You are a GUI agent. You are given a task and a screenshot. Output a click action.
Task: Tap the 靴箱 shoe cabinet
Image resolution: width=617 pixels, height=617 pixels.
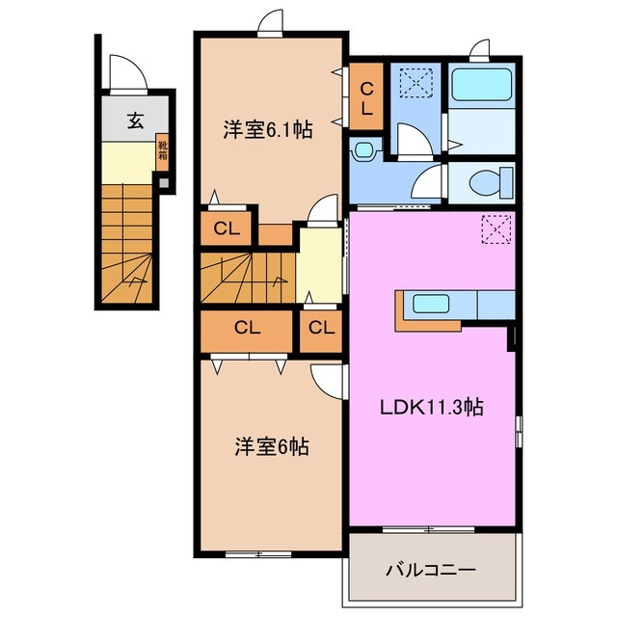pyautogui.click(x=163, y=152)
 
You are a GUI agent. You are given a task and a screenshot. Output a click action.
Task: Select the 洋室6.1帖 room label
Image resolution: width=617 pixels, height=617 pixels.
pyautogui.click(x=269, y=130)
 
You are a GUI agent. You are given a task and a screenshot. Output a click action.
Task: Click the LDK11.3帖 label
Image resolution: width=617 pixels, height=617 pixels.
pyautogui.click(x=429, y=408)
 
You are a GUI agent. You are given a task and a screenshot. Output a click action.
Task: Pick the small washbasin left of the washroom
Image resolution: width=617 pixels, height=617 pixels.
pyautogui.click(x=362, y=150)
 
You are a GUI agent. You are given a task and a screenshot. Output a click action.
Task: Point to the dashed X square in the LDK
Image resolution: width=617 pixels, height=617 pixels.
pyautogui.click(x=496, y=228)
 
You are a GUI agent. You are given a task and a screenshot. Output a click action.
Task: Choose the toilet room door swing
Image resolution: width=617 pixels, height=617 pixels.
pyautogui.click(x=430, y=181)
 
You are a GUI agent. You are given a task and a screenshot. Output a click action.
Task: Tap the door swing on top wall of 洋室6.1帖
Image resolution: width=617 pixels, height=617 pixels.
pyautogui.click(x=272, y=20)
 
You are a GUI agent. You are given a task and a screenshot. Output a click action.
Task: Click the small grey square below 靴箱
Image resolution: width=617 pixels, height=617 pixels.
pyautogui.click(x=163, y=181)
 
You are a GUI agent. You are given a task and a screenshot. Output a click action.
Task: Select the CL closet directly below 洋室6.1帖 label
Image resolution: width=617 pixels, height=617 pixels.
pyautogui.click(x=228, y=228)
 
